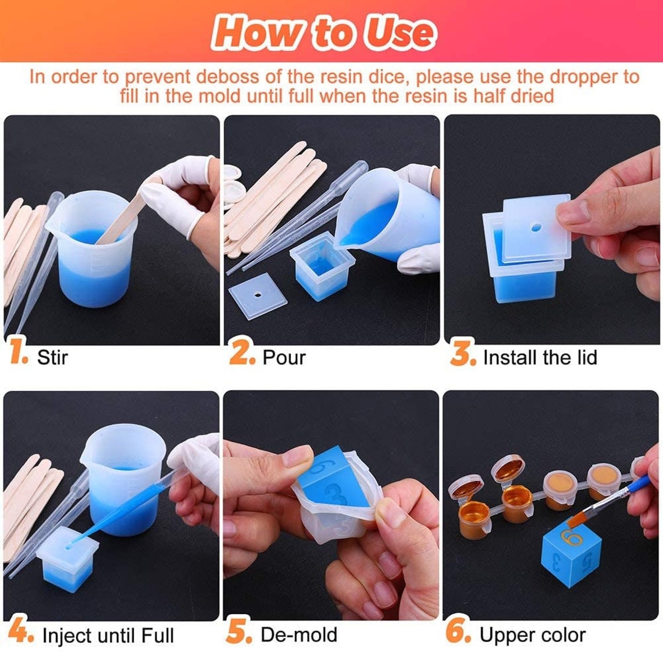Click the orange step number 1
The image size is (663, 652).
point(19,354)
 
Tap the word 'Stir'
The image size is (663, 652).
point(52,357)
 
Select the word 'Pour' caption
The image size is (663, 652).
point(284,357)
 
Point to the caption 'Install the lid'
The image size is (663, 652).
point(540,357)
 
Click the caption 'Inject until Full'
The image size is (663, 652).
point(108,635)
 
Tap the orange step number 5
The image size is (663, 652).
point(239,633)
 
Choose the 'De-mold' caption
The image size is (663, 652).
point(299,635)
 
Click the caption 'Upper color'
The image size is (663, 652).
point(532,635)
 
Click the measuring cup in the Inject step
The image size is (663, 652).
point(124,477)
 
